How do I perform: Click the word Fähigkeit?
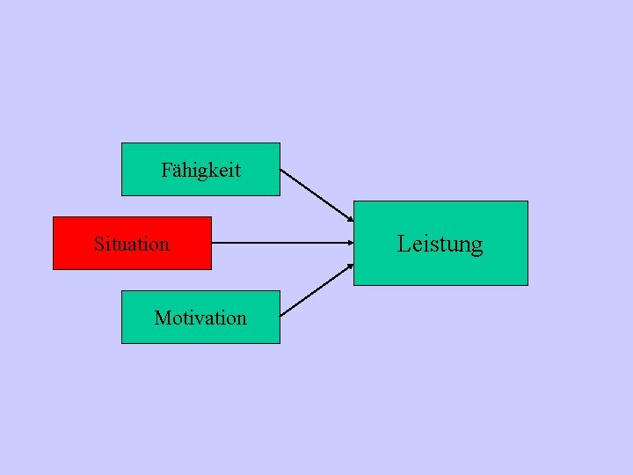200,170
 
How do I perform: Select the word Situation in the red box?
131,244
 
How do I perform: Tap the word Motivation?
200,318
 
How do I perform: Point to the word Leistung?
440,243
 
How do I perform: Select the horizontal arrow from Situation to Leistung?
281,243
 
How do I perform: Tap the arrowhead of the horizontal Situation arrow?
351,243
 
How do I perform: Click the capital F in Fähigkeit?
166,170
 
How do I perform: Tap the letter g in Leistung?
477,245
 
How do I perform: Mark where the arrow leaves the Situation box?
212,243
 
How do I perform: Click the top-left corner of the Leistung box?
353,201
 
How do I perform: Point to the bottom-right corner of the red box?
211,268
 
